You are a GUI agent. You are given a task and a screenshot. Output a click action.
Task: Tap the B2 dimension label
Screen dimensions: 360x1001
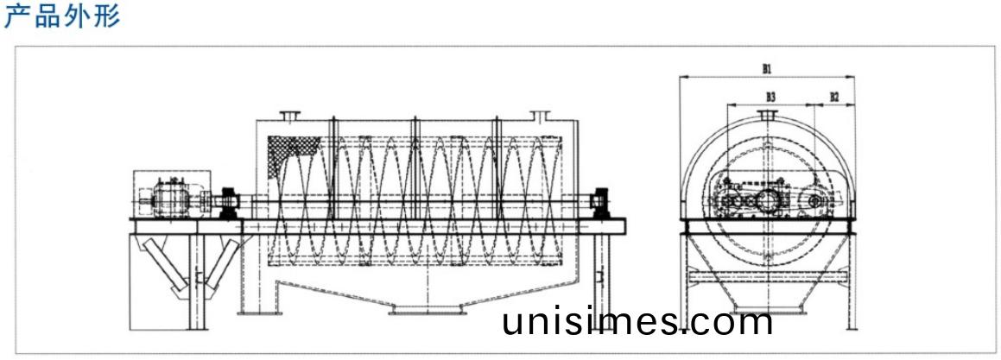[833, 97]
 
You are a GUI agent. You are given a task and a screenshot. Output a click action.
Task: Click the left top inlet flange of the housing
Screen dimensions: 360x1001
[289, 115]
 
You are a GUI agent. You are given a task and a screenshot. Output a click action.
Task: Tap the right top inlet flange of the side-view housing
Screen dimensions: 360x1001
[541, 115]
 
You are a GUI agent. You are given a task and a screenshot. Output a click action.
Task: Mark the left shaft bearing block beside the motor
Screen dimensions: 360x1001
[230, 202]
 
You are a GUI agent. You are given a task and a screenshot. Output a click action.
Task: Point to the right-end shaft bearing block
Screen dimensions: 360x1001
[598, 202]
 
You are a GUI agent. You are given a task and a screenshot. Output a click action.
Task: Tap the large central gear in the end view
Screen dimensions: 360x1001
[767, 200]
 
